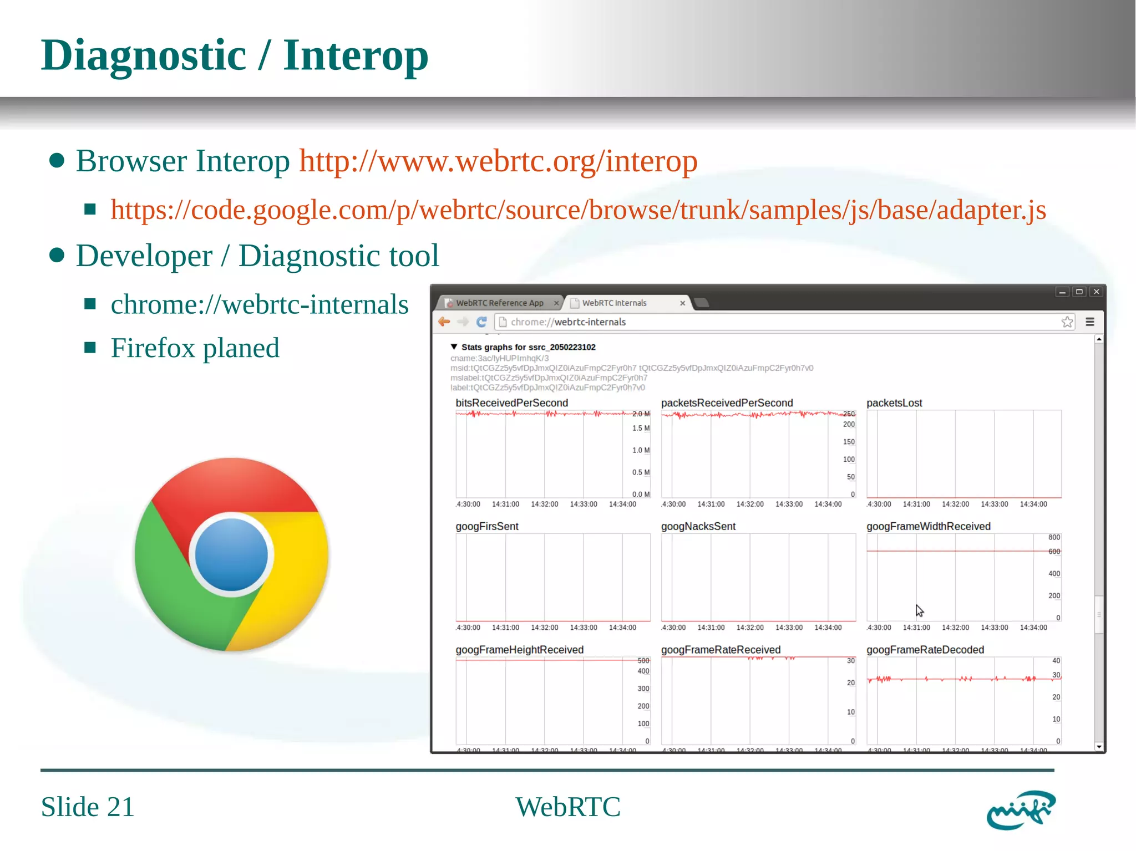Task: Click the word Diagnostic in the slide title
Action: pyautogui.click(x=144, y=55)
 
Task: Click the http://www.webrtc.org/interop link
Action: pyautogui.click(x=498, y=161)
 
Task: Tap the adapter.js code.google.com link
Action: pyautogui.click(x=578, y=210)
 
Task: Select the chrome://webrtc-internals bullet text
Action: pyautogui.click(x=259, y=304)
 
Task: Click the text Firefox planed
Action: pyautogui.click(x=195, y=348)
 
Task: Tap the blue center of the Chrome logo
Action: pyautogui.click(x=231, y=554)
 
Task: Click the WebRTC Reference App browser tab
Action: pyautogui.click(x=499, y=303)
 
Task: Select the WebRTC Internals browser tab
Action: pyautogui.click(x=614, y=303)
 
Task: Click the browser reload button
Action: pyautogui.click(x=481, y=322)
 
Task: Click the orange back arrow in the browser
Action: pyautogui.click(x=444, y=322)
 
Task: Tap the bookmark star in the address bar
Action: pyautogui.click(x=1067, y=322)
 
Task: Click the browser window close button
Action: pyautogui.click(x=1096, y=292)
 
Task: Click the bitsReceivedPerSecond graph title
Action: pyautogui.click(x=511, y=403)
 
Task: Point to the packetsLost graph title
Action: pyautogui.click(x=894, y=403)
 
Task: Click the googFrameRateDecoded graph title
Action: pyautogui.click(x=925, y=650)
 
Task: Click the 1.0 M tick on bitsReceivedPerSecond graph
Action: pyautogui.click(x=641, y=450)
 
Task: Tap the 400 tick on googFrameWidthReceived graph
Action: pyautogui.click(x=1054, y=574)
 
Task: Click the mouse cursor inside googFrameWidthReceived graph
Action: pyautogui.click(x=919, y=610)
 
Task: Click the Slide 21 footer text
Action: pyautogui.click(x=88, y=807)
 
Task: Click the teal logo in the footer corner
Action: pyautogui.click(x=1020, y=810)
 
